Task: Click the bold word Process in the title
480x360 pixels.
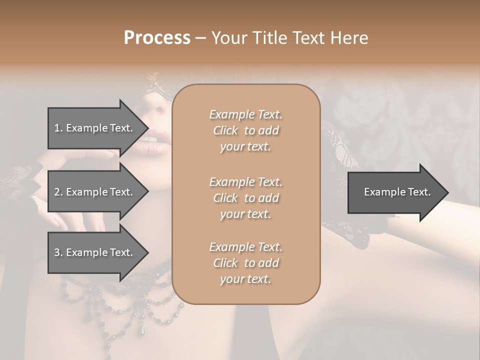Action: click(157, 38)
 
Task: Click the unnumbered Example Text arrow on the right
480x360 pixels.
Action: click(397, 192)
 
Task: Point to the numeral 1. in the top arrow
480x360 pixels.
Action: click(58, 128)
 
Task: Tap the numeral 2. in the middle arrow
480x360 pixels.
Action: click(58, 192)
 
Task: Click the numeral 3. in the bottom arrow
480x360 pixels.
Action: click(58, 253)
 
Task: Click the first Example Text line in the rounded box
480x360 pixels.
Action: click(245, 115)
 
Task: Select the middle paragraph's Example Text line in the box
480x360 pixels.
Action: click(245, 182)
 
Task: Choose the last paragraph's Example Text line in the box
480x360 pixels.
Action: click(245, 247)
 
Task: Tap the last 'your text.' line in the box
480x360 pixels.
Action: click(245, 279)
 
